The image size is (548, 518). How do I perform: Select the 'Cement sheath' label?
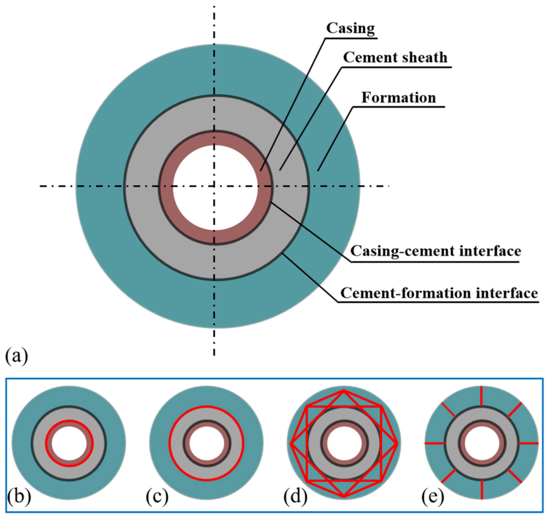(395, 58)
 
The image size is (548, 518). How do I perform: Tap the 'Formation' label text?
(398, 98)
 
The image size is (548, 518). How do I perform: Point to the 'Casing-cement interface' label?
(435, 251)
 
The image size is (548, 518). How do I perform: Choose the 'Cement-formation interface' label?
(439, 293)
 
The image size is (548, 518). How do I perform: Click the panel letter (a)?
(17, 356)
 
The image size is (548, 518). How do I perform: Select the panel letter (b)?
(19, 497)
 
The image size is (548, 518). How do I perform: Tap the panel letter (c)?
(157, 497)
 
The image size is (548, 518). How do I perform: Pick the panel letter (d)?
(295, 497)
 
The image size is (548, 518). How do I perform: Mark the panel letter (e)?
(433, 497)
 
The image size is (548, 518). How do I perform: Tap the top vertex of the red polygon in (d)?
(344, 391)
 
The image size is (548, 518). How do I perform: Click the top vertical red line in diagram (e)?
(481, 396)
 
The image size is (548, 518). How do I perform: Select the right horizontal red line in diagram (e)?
(528, 444)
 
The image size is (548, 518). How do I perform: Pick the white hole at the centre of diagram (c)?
(207, 444)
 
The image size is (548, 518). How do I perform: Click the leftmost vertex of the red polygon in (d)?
(291, 444)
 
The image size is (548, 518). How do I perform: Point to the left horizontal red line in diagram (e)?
(435, 444)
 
